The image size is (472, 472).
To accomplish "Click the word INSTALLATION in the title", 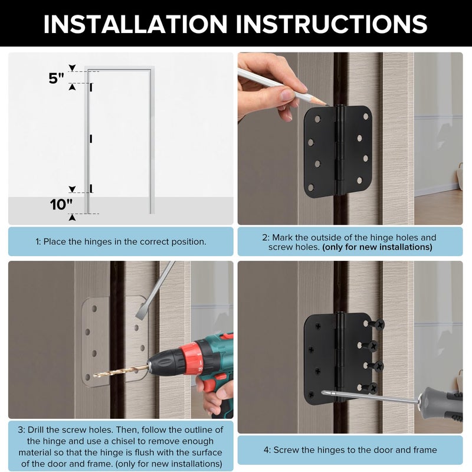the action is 135,24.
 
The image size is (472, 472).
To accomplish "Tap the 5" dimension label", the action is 57,78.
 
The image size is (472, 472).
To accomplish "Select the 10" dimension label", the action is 61,205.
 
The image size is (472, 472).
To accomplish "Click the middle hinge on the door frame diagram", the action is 91,139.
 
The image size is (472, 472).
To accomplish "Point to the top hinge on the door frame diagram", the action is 91,87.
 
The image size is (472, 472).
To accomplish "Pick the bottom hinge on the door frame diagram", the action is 91,189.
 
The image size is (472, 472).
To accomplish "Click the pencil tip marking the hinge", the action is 326,104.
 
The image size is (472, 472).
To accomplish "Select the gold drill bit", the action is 120,371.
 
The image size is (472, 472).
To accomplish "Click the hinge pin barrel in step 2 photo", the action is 340,150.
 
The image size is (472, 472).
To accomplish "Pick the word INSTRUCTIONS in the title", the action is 332,24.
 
